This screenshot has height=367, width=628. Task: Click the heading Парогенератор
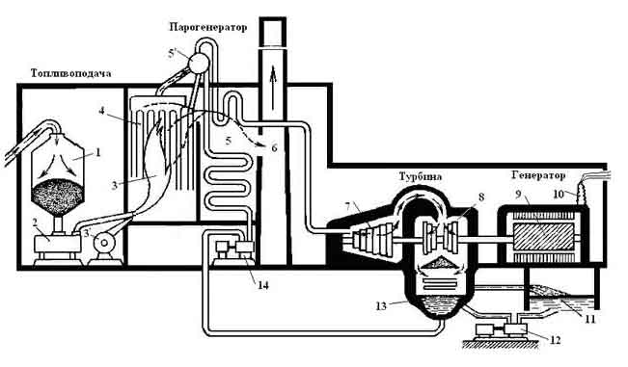tap(207, 28)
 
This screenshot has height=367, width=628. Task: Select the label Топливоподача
tap(70, 73)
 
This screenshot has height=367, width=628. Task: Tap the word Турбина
tap(421, 176)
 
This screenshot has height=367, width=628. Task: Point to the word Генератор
tap(538, 175)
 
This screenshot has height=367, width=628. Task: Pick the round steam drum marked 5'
tap(198, 63)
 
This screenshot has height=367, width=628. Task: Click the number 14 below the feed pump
tap(263, 285)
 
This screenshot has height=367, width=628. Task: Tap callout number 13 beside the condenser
tap(381, 306)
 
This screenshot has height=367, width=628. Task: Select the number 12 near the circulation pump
tap(555, 340)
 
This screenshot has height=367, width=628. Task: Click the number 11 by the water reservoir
tap(590, 319)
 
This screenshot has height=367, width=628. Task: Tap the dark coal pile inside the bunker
tap(58, 197)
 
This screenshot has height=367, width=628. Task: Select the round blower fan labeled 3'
tap(105, 242)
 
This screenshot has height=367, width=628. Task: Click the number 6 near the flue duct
tap(274, 148)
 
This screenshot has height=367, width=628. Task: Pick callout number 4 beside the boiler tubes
tap(101, 111)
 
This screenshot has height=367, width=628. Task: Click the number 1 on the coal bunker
tap(98, 152)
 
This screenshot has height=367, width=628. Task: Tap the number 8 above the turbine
tap(481, 197)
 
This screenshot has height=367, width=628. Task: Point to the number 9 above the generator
tap(518, 195)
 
